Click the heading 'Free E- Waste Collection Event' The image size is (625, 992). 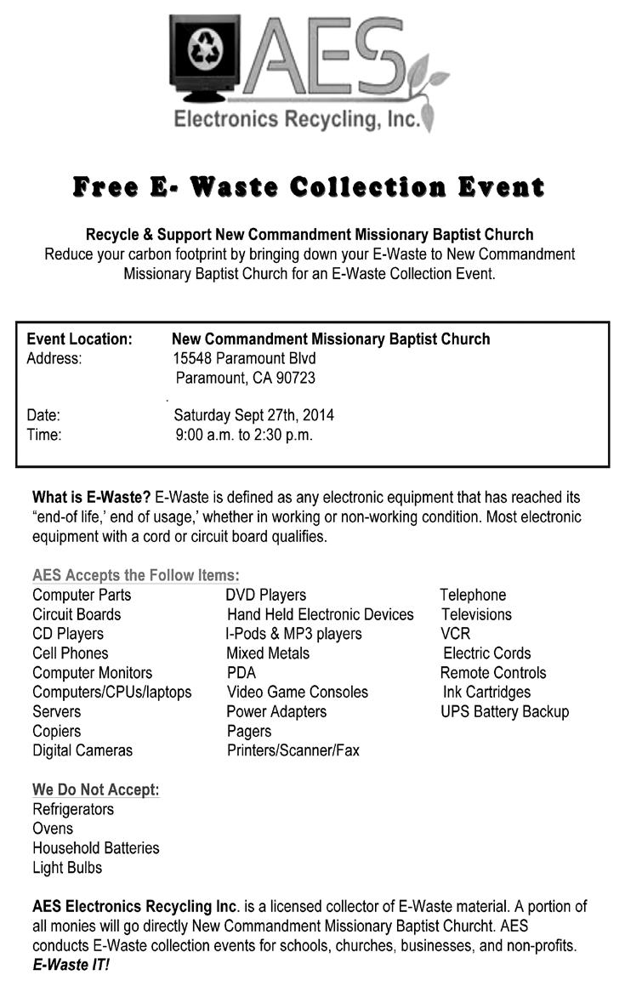[x=308, y=186]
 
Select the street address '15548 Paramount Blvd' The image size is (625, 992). [x=244, y=358]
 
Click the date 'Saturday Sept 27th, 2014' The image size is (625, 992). [x=253, y=415]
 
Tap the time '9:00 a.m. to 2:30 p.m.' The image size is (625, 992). [x=244, y=435]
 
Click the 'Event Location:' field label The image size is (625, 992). [x=79, y=339]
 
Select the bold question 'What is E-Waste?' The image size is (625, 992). [x=91, y=495]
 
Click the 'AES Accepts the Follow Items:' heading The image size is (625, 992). [x=136, y=575]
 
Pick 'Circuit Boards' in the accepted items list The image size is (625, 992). [x=77, y=614]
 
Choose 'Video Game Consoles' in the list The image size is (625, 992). [x=297, y=692]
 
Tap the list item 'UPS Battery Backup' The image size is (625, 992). [x=504, y=711]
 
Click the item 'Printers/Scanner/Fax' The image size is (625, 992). [x=293, y=750]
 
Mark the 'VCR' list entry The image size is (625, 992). [x=455, y=634]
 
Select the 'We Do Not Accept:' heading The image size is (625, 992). [x=95, y=790]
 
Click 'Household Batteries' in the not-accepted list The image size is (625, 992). [x=95, y=848]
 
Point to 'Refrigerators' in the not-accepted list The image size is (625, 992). [x=73, y=809]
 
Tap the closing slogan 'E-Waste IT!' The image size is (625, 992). [x=71, y=965]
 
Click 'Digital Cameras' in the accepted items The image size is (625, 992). [x=82, y=750]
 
